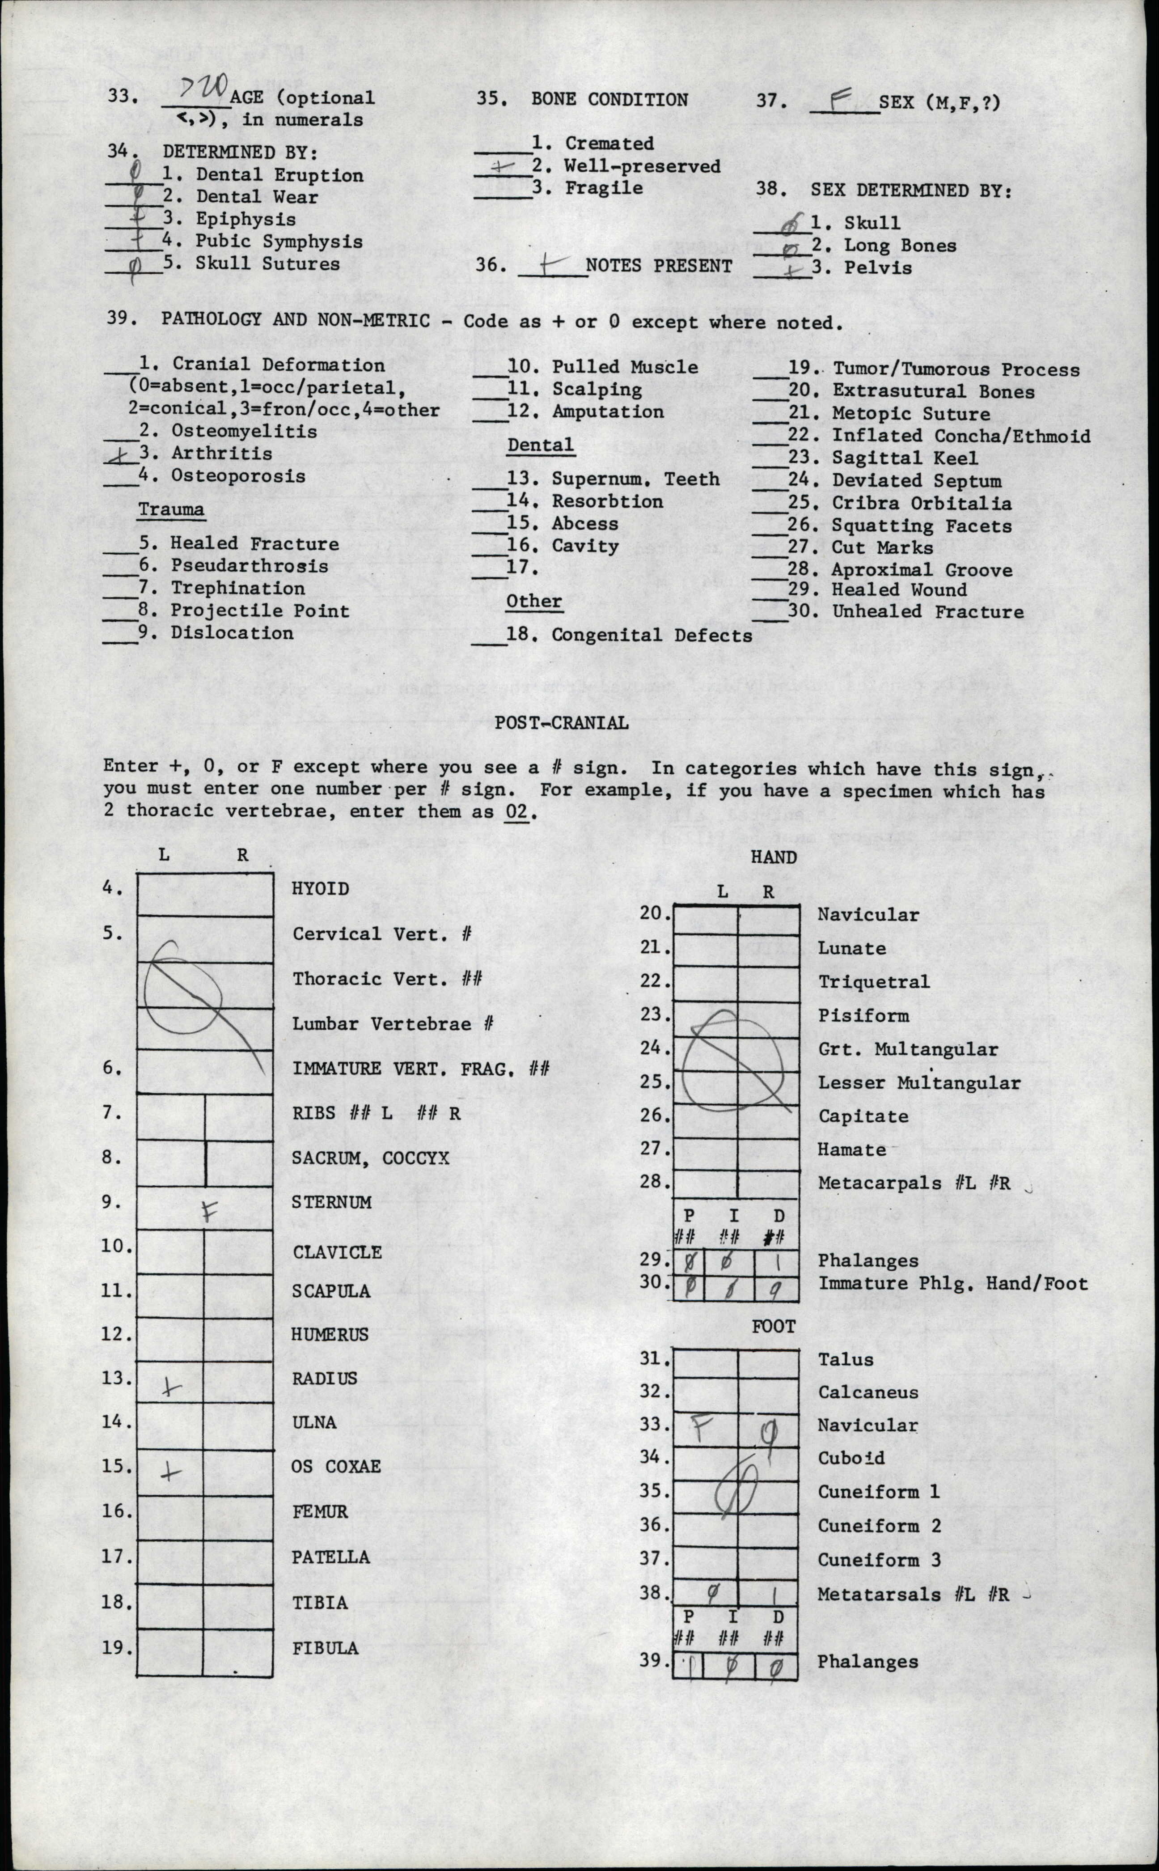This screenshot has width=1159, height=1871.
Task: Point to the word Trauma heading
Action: [171, 510]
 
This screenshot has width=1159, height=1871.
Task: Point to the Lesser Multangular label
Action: [918, 1083]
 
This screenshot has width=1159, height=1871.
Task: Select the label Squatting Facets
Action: [922, 526]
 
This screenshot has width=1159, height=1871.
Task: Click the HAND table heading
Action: [774, 857]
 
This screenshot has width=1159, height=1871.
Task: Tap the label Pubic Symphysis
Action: [278, 242]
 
